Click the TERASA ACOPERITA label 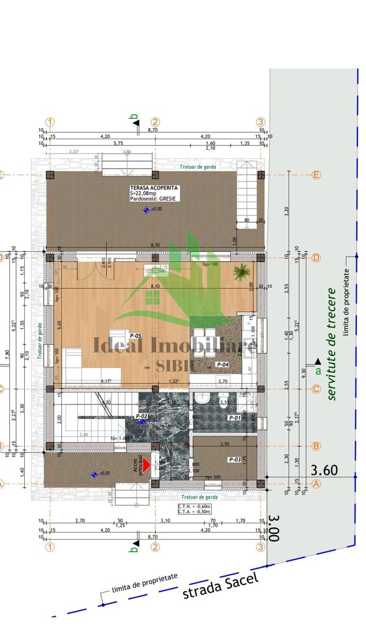(x=154, y=188)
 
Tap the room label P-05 (x=136, y=335)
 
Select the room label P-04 (x=223, y=365)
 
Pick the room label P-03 (x=234, y=459)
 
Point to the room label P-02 (x=142, y=417)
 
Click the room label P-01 (x=234, y=417)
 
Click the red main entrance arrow (x=147, y=464)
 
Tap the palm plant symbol (x=241, y=271)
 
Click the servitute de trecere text (x=331, y=343)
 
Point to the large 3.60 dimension (x=324, y=470)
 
